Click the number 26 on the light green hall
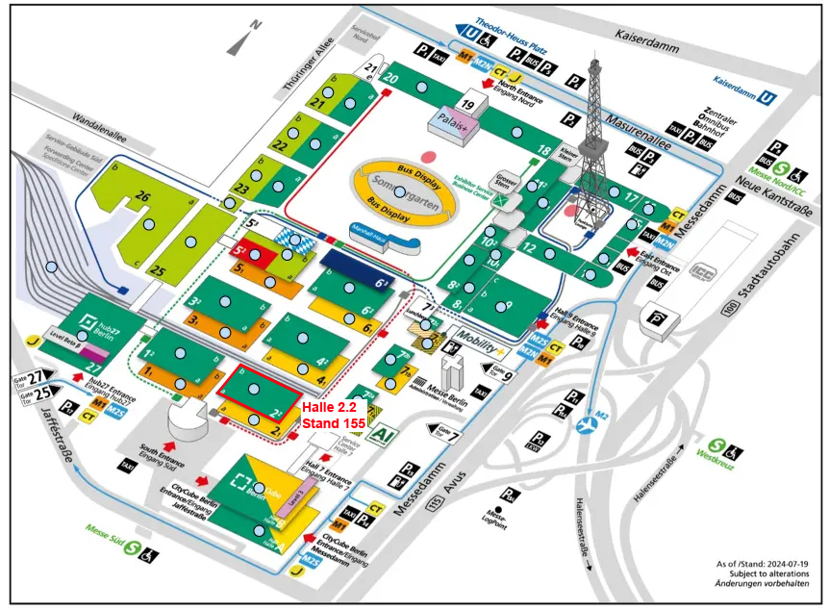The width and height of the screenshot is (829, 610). [142, 198]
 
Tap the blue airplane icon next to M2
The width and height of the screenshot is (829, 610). [585, 424]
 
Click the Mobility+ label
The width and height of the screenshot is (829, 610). [478, 344]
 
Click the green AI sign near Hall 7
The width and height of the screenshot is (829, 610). [383, 435]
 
